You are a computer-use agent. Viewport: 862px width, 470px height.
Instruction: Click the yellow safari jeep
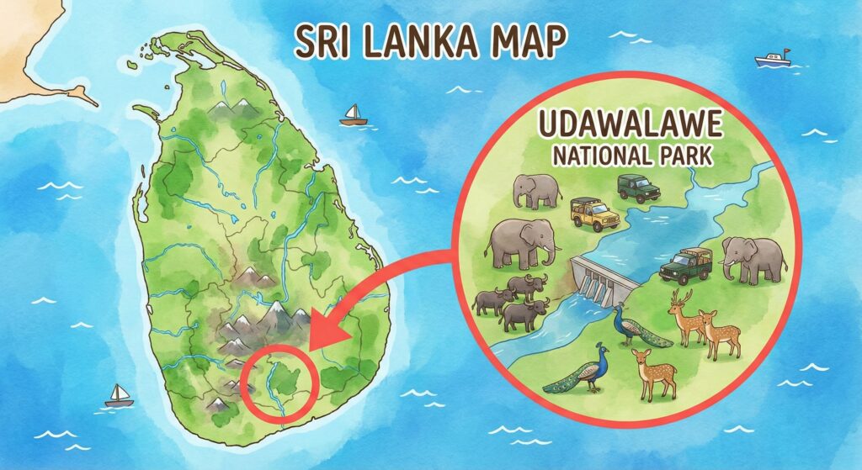point(594,214)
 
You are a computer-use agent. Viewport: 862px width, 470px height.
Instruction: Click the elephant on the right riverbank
point(753,257)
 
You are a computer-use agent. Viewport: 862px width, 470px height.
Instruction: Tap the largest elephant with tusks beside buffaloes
point(520,243)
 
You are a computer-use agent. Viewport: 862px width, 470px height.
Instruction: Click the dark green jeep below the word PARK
point(639,187)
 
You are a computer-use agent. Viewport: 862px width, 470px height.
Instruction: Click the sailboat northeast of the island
point(352,115)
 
